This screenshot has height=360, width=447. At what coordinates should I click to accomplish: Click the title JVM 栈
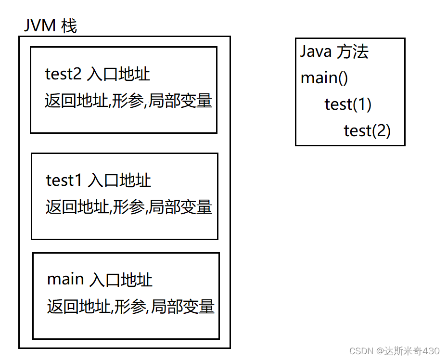pyautogui.click(x=50, y=26)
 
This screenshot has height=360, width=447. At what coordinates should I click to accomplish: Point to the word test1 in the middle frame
pyautogui.click(x=65, y=180)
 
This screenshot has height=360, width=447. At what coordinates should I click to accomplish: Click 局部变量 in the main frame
pyautogui.click(x=183, y=307)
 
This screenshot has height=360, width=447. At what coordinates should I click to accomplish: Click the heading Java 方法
pyautogui.click(x=334, y=51)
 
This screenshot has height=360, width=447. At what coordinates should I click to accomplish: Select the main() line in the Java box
pyautogui.click(x=324, y=78)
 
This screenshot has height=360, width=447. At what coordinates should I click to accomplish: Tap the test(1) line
pyautogui.click(x=348, y=104)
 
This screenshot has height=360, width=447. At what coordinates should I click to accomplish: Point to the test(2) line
pyautogui.click(x=367, y=130)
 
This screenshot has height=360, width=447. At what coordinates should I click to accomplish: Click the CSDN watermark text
pyautogui.click(x=395, y=350)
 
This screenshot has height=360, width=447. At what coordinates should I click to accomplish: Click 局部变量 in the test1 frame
pyautogui.click(x=180, y=207)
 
